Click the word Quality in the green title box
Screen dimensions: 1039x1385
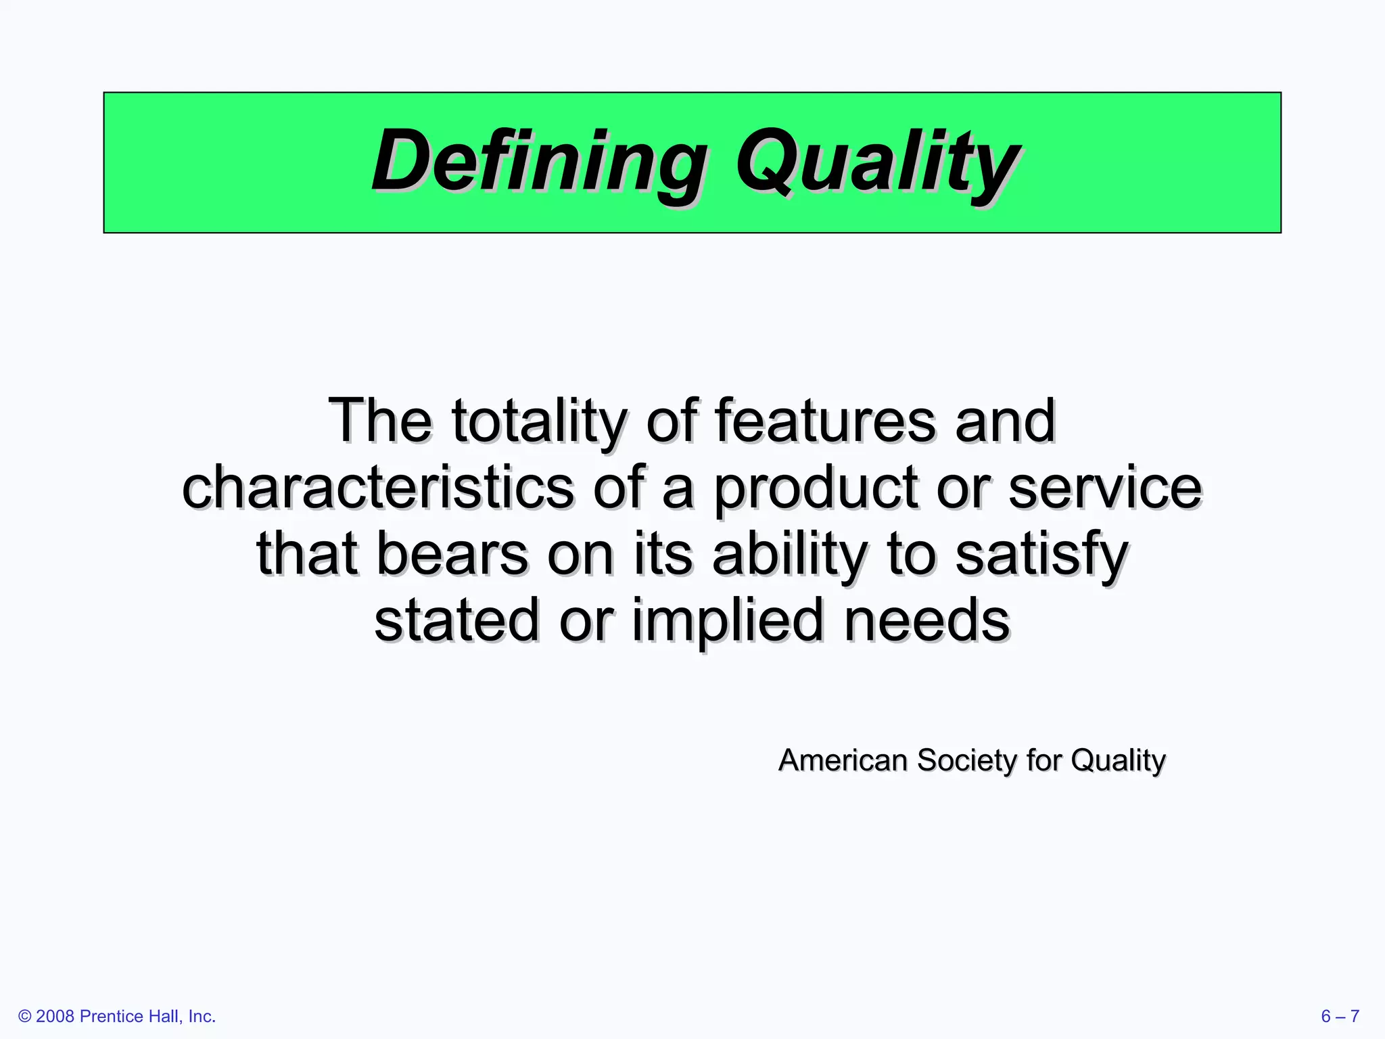(877, 162)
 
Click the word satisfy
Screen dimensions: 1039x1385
(1041, 554)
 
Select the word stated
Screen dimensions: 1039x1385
(456, 620)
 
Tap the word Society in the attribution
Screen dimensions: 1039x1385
(967, 760)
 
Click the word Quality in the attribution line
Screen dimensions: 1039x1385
(1119, 760)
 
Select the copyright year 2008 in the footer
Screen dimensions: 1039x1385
(55, 1017)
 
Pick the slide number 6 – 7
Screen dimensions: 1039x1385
(1340, 1017)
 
